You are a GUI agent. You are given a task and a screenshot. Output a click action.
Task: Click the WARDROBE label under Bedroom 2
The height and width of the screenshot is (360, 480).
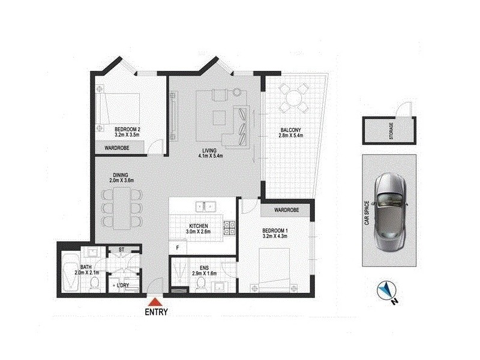(x=118, y=147)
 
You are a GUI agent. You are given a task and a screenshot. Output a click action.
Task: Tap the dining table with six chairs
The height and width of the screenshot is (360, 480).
(x=119, y=205)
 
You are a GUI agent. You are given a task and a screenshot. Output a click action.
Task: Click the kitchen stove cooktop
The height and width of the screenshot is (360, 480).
(x=229, y=227)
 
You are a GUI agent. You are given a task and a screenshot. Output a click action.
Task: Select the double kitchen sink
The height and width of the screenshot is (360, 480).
(x=204, y=207)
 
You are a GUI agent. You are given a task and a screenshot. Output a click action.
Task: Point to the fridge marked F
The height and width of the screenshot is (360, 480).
(x=178, y=247)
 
